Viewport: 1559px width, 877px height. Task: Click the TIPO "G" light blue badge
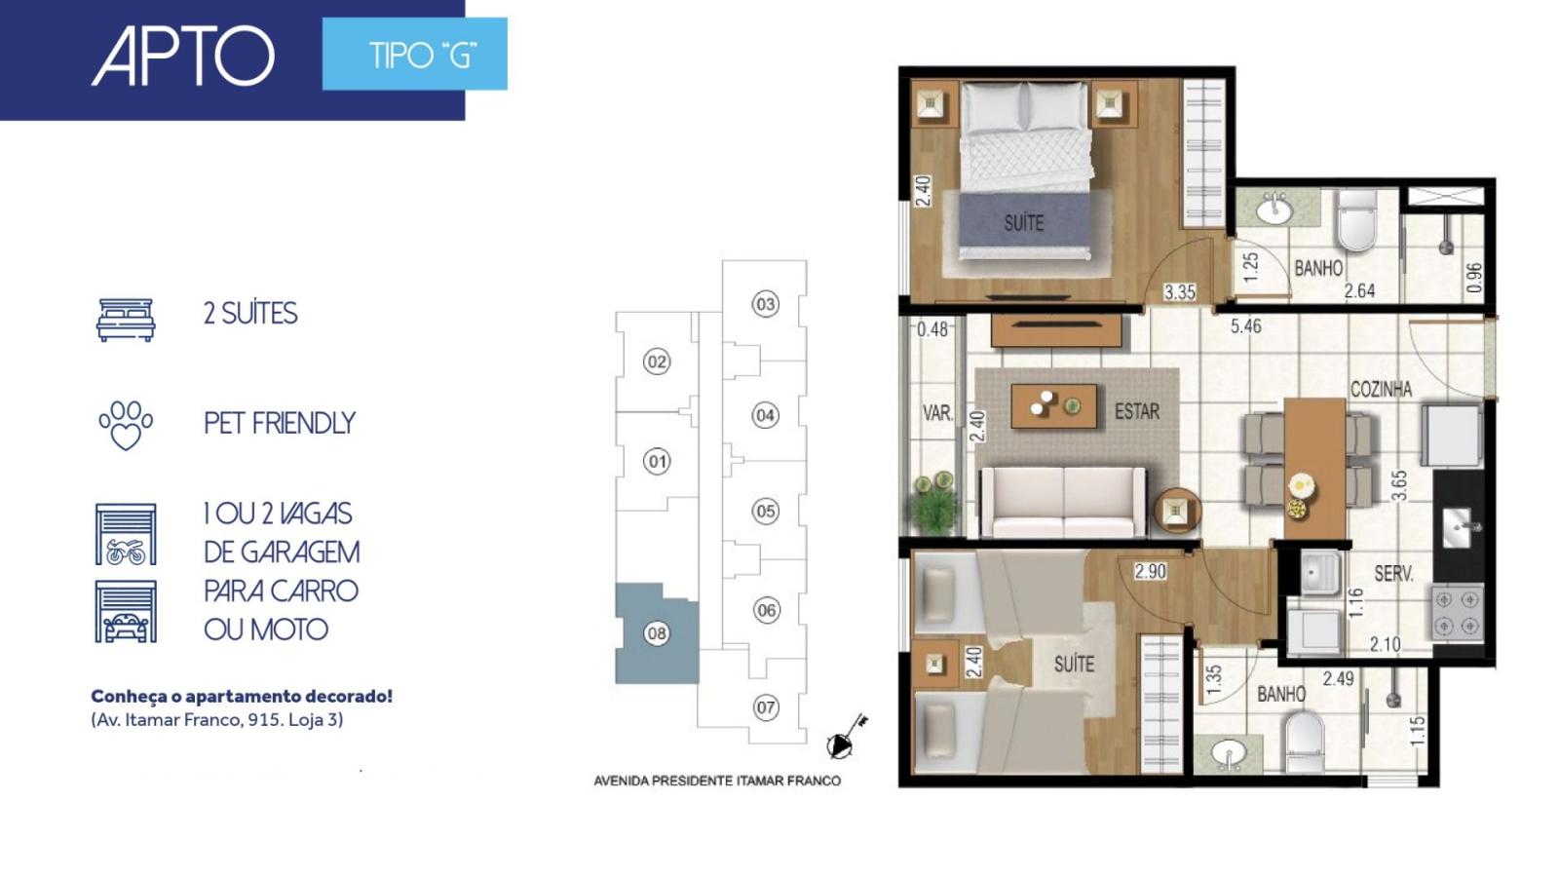point(415,54)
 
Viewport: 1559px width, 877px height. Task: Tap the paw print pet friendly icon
point(126,425)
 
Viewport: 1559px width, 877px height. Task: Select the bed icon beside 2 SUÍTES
point(126,321)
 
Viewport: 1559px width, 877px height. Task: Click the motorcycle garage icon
point(126,534)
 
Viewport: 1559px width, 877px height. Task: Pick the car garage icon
point(126,611)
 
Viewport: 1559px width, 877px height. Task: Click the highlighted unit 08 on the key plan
point(657,633)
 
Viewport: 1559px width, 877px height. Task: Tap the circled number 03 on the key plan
point(765,304)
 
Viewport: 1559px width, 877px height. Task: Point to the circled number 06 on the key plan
point(766,610)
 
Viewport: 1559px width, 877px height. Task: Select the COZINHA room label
point(1381,389)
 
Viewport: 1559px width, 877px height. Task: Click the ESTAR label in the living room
point(1137,411)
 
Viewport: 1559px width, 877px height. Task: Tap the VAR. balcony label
point(937,413)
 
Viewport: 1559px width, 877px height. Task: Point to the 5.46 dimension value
point(1246,325)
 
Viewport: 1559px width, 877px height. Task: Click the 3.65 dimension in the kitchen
point(1399,485)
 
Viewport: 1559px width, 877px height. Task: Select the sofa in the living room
point(1063,502)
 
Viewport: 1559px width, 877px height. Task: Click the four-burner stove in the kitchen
point(1458,613)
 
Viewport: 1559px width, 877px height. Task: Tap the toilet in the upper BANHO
point(1357,220)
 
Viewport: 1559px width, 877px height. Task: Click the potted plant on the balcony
point(934,503)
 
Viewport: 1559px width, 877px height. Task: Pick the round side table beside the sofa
point(1177,512)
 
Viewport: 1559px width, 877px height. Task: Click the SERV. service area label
point(1393,574)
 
